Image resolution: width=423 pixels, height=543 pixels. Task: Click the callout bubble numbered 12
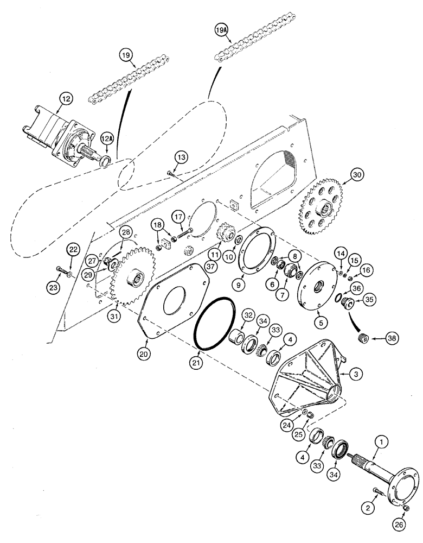coord(66,99)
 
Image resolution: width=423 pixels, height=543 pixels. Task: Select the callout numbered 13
coord(181,157)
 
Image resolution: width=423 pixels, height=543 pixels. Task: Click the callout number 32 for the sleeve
coord(248,315)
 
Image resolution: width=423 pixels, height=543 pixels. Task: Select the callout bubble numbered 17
coord(178,217)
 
